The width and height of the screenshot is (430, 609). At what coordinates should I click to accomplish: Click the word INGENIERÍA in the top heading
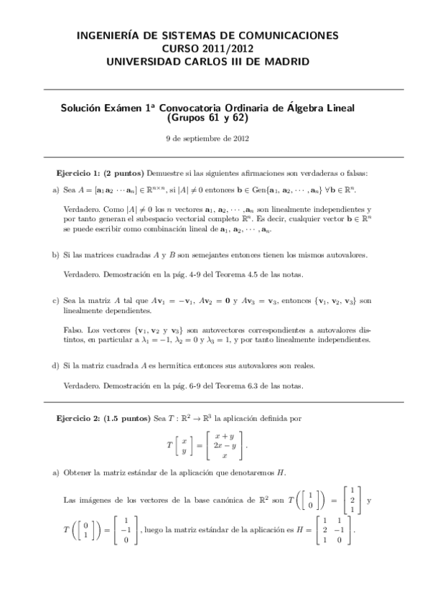(x=108, y=34)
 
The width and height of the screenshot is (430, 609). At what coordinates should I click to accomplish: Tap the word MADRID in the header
(x=287, y=62)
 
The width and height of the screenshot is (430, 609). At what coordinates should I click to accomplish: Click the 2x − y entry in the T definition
(x=225, y=445)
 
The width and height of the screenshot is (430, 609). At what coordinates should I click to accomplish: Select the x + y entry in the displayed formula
(x=225, y=435)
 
